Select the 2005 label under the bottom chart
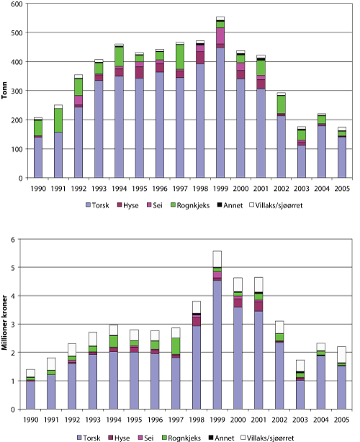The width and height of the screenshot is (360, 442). tap(342, 419)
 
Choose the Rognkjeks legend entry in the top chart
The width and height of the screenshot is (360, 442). tap(199, 206)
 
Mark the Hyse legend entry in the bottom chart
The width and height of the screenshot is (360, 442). tap(125, 436)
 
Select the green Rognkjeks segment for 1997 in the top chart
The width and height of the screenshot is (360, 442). tap(179, 57)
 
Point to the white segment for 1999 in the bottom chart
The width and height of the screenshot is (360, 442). tap(220, 258)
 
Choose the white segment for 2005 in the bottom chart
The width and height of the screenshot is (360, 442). tap(342, 354)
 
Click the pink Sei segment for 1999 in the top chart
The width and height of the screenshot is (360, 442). tap(220, 36)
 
